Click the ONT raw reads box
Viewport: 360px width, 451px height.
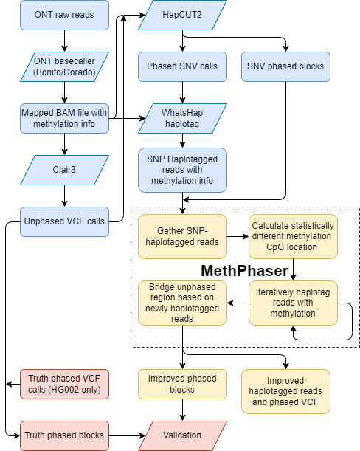(64, 15)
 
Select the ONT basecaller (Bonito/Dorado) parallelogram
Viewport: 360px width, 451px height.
(64, 66)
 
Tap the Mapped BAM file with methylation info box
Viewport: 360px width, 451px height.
(64, 118)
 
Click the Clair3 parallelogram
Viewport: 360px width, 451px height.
(64, 169)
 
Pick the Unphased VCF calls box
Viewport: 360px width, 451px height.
(64, 221)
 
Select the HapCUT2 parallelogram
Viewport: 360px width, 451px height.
(182, 15)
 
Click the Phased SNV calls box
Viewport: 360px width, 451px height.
(182, 66)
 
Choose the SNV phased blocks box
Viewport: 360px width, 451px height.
(285, 66)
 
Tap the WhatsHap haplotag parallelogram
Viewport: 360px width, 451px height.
(182, 118)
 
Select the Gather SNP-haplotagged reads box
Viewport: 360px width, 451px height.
(182, 237)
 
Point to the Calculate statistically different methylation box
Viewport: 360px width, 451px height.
(293, 237)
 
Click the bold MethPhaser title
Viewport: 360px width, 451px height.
(245, 271)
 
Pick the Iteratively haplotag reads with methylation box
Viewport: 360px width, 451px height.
(293, 303)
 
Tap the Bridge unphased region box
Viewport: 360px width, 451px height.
(182, 303)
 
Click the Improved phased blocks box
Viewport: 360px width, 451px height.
(182, 384)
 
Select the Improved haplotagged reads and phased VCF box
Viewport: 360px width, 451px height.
(285, 391)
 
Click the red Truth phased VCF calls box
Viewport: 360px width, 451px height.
(64, 384)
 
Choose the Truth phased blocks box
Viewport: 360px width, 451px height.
(64, 435)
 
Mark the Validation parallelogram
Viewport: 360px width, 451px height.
(182, 435)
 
